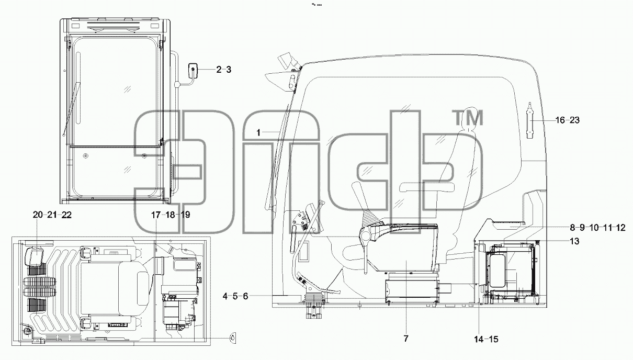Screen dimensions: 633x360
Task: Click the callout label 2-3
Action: (x=223, y=70)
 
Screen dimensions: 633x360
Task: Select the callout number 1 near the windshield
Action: (x=258, y=132)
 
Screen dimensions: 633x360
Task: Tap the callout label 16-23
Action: (x=568, y=120)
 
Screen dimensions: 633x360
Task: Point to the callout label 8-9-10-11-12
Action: (x=597, y=228)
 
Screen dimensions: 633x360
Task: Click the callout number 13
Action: (x=574, y=241)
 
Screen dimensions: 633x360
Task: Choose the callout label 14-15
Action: (x=486, y=339)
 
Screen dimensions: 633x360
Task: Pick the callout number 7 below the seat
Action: (x=406, y=339)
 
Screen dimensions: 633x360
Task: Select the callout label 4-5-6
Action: (x=235, y=296)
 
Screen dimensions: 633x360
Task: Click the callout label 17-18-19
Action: (x=171, y=215)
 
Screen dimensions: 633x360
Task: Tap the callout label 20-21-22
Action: (x=52, y=215)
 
